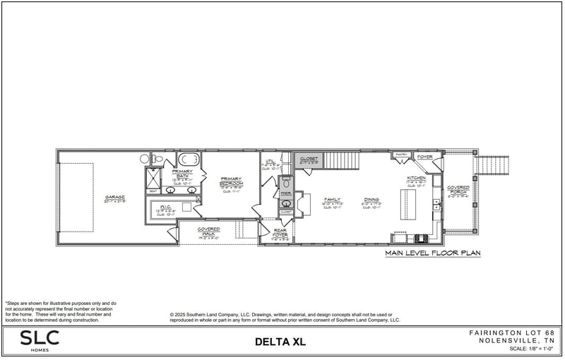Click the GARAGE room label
(x=115, y=198)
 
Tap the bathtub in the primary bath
(x=187, y=158)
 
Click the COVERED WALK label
(x=209, y=230)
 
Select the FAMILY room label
(x=333, y=200)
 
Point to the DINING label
(x=371, y=200)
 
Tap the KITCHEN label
(x=416, y=179)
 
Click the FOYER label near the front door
(x=425, y=157)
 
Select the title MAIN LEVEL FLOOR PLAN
(x=433, y=252)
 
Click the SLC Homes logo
(x=40, y=340)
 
